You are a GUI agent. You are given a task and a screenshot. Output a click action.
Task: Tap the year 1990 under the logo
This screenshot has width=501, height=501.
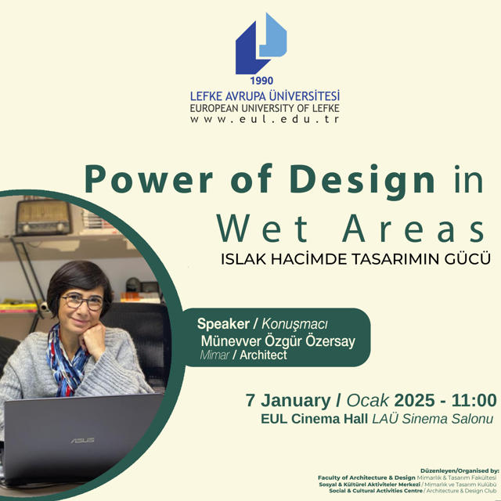pyautogui.click(x=261, y=81)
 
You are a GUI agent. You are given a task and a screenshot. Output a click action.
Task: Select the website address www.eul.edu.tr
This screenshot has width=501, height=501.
pyautogui.click(x=265, y=119)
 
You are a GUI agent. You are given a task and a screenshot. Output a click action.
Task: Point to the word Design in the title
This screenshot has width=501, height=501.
pyautogui.click(x=362, y=182)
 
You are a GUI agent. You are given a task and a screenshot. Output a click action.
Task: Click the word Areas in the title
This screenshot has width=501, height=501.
pyautogui.click(x=414, y=228)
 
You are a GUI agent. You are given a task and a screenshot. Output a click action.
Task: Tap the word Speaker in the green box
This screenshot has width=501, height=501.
pyautogui.click(x=223, y=323)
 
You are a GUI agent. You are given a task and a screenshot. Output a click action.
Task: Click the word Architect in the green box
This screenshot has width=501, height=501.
pyautogui.click(x=263, y=355)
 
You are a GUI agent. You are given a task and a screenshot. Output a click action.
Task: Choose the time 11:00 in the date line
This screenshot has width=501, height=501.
pyautogui.click(x=474, y=400)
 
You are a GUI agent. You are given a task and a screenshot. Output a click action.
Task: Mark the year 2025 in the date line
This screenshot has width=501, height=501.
pyautogui.click(x=414, y=400)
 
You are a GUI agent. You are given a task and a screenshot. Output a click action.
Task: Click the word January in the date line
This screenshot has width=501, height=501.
pyautogui.click(x=296, y=401)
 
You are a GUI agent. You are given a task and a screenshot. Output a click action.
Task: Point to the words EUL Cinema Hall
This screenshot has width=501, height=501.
pyautogui.click(x=315, y=419)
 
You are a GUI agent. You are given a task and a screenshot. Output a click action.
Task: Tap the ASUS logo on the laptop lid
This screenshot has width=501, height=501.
pyautogui.click(x=82, y=441)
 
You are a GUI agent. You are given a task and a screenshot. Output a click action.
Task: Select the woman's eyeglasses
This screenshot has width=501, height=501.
pyautogui.click(x=82, y=302)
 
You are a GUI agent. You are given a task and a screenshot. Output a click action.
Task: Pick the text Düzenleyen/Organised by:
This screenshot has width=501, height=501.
pyautogui.click(x=460, y=470)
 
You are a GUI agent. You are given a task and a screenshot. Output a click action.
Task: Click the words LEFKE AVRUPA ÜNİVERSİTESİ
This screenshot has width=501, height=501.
pyautogui.click(x=265, y=96)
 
